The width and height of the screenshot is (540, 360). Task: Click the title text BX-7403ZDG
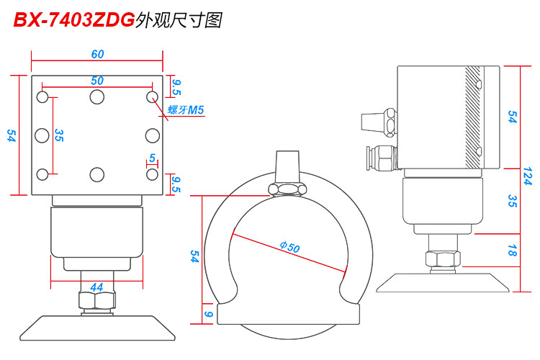[x=74, y=20]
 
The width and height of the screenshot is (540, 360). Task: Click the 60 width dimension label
[x=97, y=54]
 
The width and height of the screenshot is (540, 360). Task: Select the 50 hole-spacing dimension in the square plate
[x=97, y=81]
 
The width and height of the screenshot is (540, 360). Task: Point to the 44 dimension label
[x=96, y=287]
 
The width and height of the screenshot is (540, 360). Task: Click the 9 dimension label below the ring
[x=209, y=314]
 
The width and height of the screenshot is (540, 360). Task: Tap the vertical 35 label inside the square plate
[x=59, y=135]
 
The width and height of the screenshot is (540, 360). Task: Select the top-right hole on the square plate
[x=152, y=96]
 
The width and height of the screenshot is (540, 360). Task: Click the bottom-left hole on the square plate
[x=42, y=174]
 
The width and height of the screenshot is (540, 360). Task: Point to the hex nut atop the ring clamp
[x=287, y=189]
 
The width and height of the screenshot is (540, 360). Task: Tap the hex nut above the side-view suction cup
[x=441, y=259]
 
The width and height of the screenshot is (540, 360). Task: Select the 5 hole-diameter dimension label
[x=152, y=158]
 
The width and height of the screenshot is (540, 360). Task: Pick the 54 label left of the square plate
[x=11, y=135]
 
